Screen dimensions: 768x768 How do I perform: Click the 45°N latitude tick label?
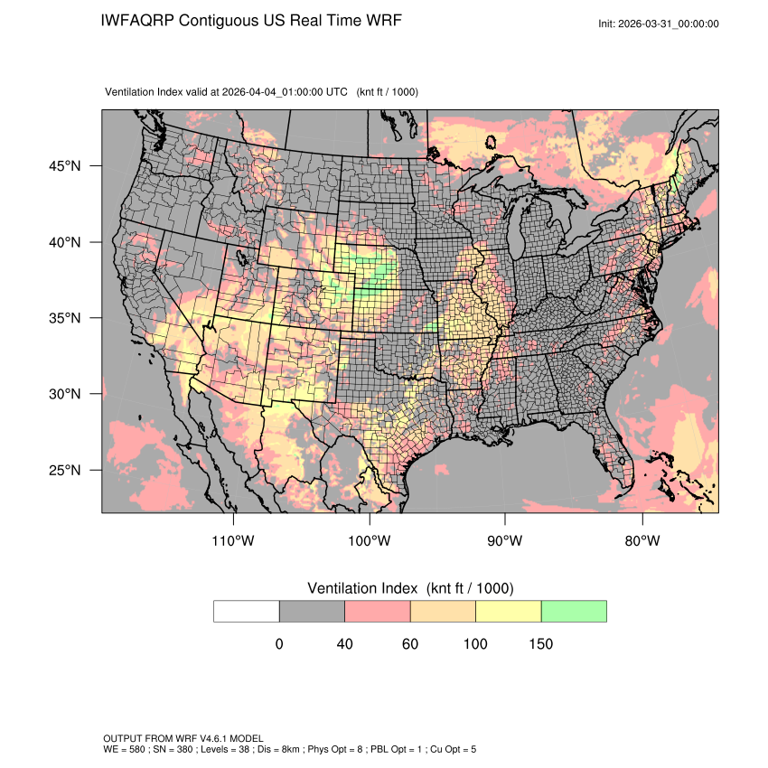64,166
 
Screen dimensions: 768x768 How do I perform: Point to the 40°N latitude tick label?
64,242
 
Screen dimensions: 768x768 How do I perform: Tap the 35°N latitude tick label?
64,318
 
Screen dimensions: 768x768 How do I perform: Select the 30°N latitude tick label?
64,394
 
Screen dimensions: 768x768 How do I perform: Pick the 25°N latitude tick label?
64,470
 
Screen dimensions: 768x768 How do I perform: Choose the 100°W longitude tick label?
370,541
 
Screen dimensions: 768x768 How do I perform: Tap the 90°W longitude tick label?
505,541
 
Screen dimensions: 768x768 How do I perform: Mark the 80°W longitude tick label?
642,541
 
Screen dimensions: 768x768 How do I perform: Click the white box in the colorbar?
247,611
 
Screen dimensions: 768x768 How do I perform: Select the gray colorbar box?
312,611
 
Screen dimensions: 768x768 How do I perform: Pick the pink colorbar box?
377,611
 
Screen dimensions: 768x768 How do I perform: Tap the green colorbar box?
574,611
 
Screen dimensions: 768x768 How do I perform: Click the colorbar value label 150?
540,644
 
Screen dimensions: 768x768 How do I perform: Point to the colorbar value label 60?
410,644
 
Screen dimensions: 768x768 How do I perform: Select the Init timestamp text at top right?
659,23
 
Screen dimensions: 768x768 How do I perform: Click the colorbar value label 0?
279,644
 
